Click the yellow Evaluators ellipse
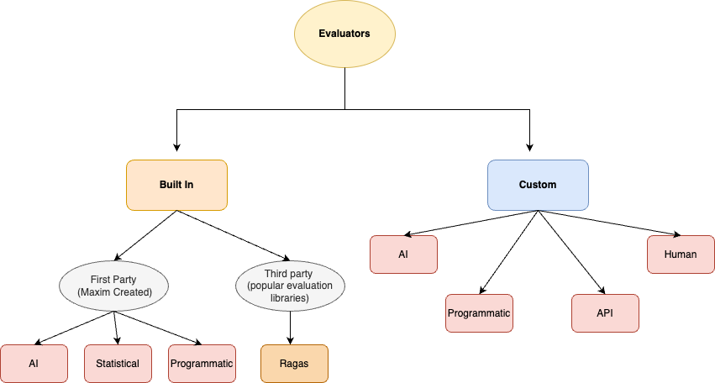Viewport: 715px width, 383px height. tap(344, 34)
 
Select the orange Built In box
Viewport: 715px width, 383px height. tap(176, 185)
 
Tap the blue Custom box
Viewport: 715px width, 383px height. tap(538, 185)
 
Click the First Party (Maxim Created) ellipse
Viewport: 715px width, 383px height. tap(113, 286)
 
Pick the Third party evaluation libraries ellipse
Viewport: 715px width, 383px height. tap(290, 286)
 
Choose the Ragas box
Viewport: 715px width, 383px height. tap(294, 364)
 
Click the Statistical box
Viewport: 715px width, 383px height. tap(118, 364)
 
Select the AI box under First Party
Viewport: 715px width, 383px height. tap(34, 364)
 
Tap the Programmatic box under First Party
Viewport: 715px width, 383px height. tap(202, 364)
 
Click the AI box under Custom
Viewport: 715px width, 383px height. tap(403, 254)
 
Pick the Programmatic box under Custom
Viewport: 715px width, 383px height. tap(479, 313)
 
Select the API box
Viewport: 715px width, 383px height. tap(605, 313)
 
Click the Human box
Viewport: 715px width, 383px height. tap(681, 254)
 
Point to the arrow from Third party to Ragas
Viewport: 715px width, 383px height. tap(291, 328)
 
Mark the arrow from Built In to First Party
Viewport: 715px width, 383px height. tap(145, 235)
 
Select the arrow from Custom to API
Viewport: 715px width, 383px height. tap(571, 252)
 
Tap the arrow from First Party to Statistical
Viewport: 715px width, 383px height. tap(116, 328)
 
